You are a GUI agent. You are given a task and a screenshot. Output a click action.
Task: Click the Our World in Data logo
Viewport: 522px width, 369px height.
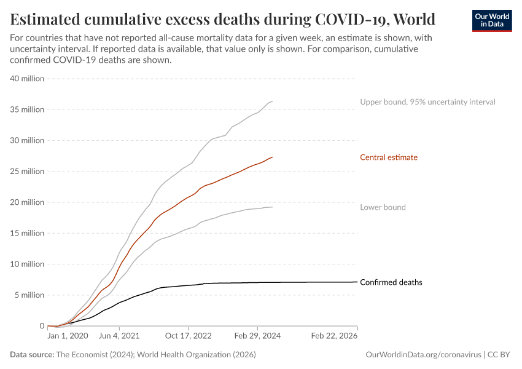491,20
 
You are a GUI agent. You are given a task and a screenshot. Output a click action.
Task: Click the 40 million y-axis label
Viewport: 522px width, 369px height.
28,79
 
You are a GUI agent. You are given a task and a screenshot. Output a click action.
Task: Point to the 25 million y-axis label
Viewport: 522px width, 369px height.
28,172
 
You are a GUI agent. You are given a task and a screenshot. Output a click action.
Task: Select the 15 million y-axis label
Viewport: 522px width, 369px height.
28,233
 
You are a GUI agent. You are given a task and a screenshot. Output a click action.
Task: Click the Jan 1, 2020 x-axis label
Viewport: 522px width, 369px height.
68,337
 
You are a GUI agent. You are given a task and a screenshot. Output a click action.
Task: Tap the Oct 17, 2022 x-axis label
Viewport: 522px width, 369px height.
188,337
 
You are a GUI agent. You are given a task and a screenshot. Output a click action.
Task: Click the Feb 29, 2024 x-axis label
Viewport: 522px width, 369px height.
257,337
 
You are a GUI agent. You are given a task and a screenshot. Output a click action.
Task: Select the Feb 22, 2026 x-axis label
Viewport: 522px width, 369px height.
334,337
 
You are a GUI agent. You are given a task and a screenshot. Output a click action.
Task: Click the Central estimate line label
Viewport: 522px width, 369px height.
389,157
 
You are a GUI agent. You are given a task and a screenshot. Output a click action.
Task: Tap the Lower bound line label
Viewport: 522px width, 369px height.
383,207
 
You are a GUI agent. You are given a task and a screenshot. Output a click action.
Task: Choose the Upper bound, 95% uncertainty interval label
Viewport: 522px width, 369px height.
427,102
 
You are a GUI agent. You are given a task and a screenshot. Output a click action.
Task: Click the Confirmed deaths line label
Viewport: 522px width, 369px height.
391,283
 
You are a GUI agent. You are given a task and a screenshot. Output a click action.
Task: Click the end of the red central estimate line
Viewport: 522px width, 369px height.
272,157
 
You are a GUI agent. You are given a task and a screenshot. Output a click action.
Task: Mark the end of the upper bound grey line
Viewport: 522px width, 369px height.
272,101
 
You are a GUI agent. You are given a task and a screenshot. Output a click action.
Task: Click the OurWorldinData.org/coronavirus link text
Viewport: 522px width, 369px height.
423,355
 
